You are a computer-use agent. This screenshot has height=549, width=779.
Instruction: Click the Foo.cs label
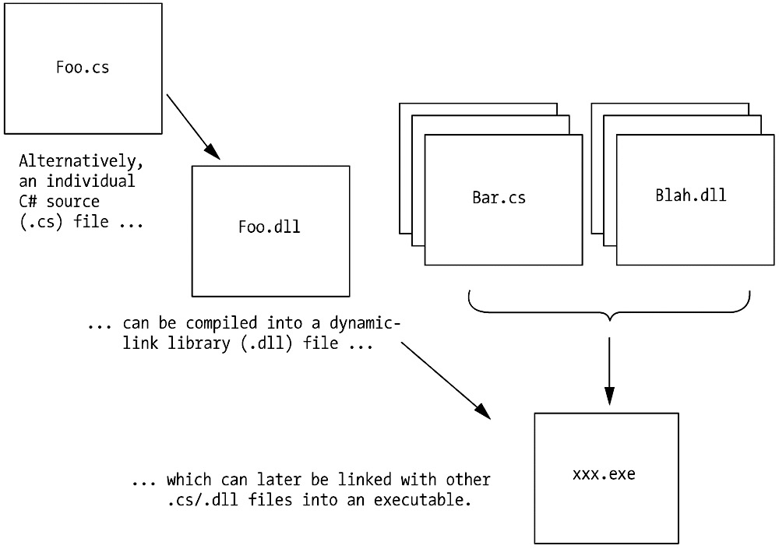83,67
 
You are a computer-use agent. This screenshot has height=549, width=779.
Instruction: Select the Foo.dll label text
269,227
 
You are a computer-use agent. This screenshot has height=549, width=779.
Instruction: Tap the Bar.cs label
499,197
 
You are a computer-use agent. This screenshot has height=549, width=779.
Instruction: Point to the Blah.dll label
690,195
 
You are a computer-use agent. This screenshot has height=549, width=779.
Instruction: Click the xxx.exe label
603,473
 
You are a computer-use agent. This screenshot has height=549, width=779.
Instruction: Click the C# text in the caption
28,202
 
